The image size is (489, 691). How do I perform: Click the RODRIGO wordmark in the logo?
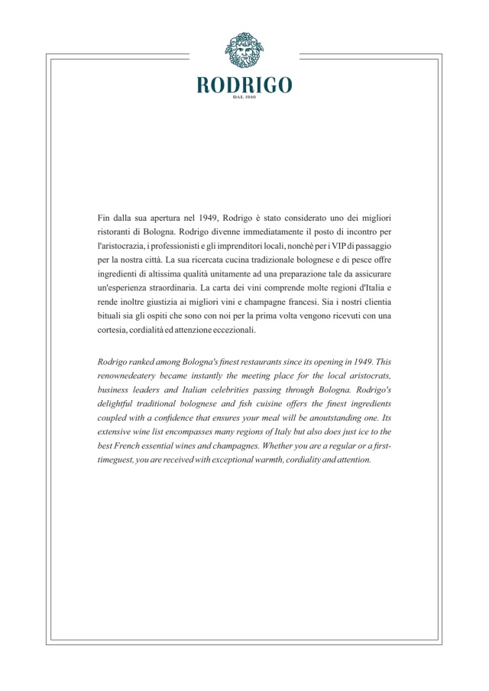tap(244, 85)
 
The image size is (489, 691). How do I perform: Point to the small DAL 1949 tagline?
tap(244, 98)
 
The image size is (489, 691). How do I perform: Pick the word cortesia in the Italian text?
tap(116, 330)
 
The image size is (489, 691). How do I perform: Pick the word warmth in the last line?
tap(259, 460)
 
